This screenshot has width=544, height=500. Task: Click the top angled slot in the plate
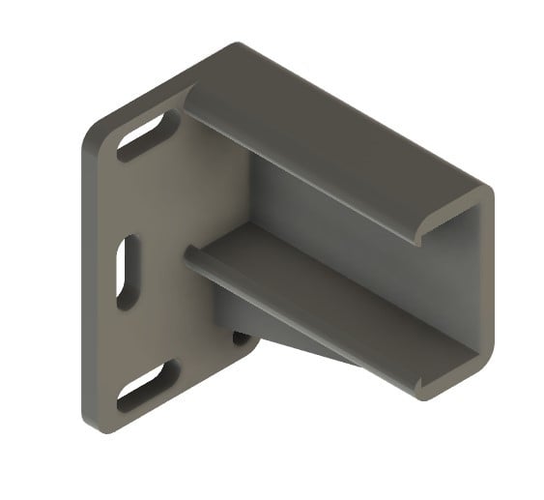click(148, 135)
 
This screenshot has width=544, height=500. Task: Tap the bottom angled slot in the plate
click(148, 386)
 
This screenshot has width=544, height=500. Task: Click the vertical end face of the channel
click(482, 290)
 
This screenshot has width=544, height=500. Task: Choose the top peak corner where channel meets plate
click(235, 45)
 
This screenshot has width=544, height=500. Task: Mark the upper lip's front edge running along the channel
click(309, 164)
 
